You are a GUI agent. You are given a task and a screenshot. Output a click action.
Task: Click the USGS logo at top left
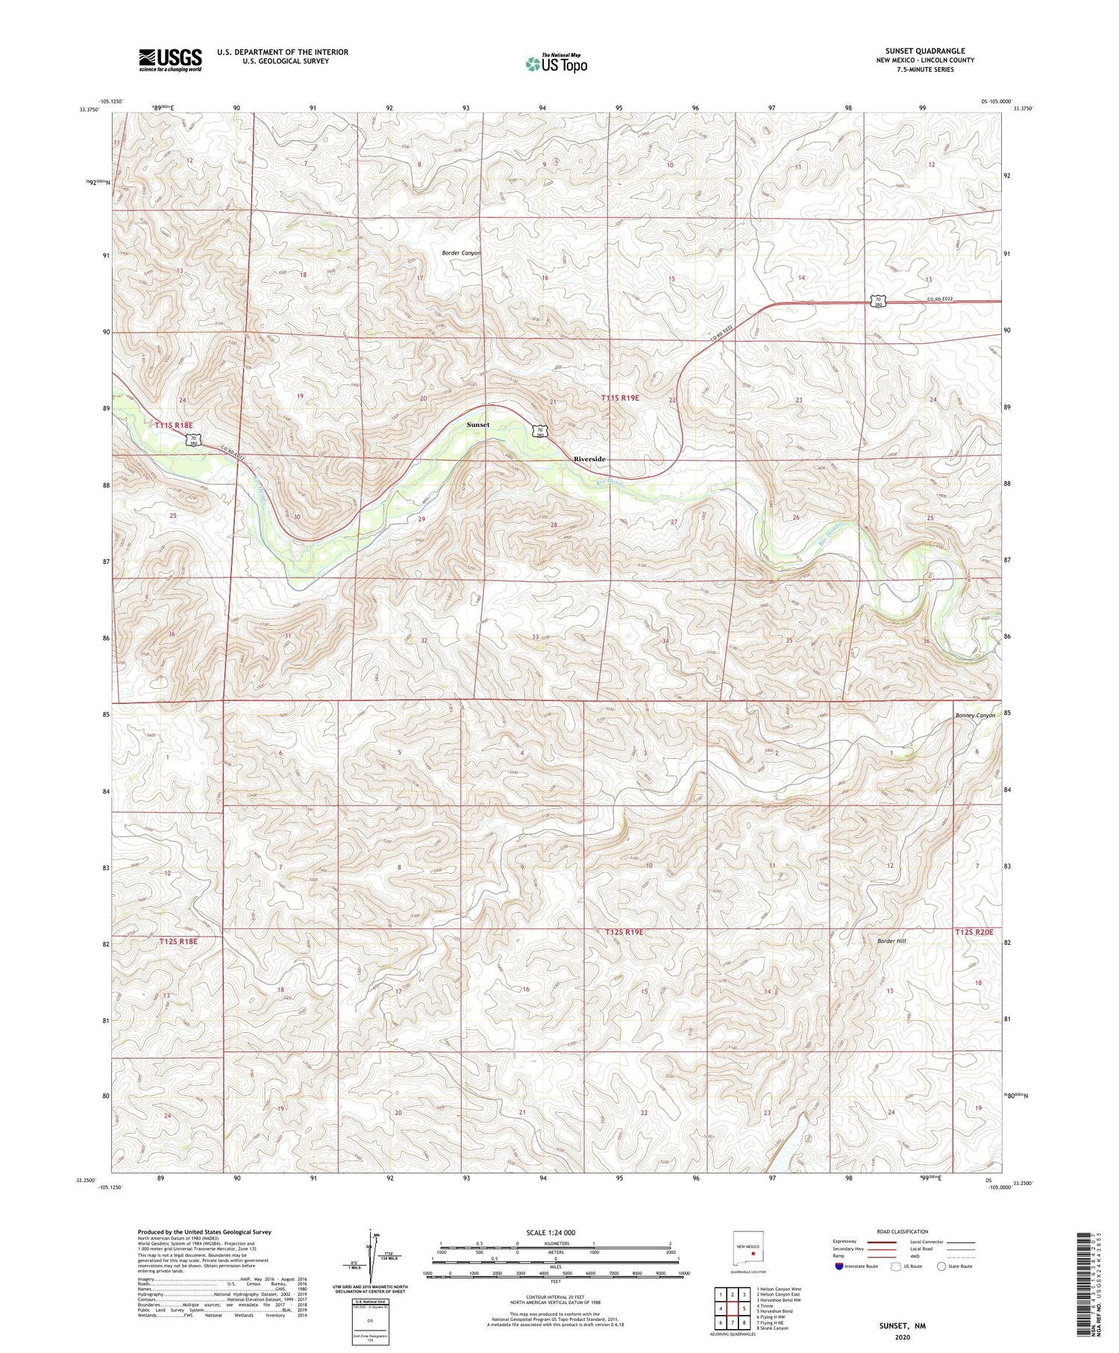pyautogui.click(x=170, y=60)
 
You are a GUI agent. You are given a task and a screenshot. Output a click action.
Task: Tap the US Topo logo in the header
pyautogui.click(x=556, y=64)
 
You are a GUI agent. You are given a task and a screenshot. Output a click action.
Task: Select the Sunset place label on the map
pyautogui.click(x=478, y=424)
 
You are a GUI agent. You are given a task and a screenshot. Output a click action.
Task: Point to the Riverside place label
pyautogui.click(x=589, y=459)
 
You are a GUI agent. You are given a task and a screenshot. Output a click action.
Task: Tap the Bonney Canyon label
pyautogui.click(x=975, y=715)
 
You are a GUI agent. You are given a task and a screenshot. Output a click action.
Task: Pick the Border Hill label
pyautogui.click(x=891, y=941)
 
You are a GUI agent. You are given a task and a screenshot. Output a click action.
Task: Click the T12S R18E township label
pyautogui.click(x=178, y=942)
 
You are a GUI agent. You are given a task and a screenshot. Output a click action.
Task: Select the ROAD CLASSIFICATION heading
pyautogui.click(x=903, y=1231)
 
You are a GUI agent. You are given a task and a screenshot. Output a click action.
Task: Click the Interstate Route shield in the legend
pyautogui.click(x=839, y=1266)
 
